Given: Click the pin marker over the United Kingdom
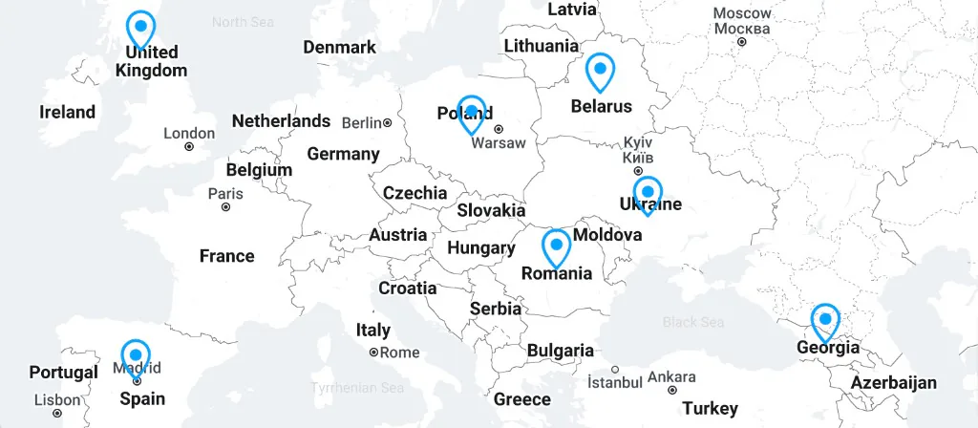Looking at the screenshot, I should (x=141, y=28).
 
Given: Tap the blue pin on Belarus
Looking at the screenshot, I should (x=600, y=71).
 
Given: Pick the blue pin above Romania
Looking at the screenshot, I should (x=556, y=246).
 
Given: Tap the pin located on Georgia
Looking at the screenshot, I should (x=825, y=321).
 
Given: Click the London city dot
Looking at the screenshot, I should (x=189, y=147).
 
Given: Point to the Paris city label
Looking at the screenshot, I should (x=225, y=193).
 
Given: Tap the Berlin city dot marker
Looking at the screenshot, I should (x=388, y=123).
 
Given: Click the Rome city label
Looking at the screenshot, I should (x=400, y=353).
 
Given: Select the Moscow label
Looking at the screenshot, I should (x=742, y=13).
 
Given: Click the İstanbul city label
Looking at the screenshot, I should (x=614, y=382).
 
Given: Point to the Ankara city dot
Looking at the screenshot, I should (x=672, y=390).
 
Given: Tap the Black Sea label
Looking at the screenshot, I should (x=693, y=323).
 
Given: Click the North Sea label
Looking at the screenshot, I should (x=243, y=22).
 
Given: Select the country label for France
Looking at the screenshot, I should (x=226, y=256).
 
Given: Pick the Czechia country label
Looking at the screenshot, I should (x=415, y=193).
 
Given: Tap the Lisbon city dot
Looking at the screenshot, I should (x=57, y=414).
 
